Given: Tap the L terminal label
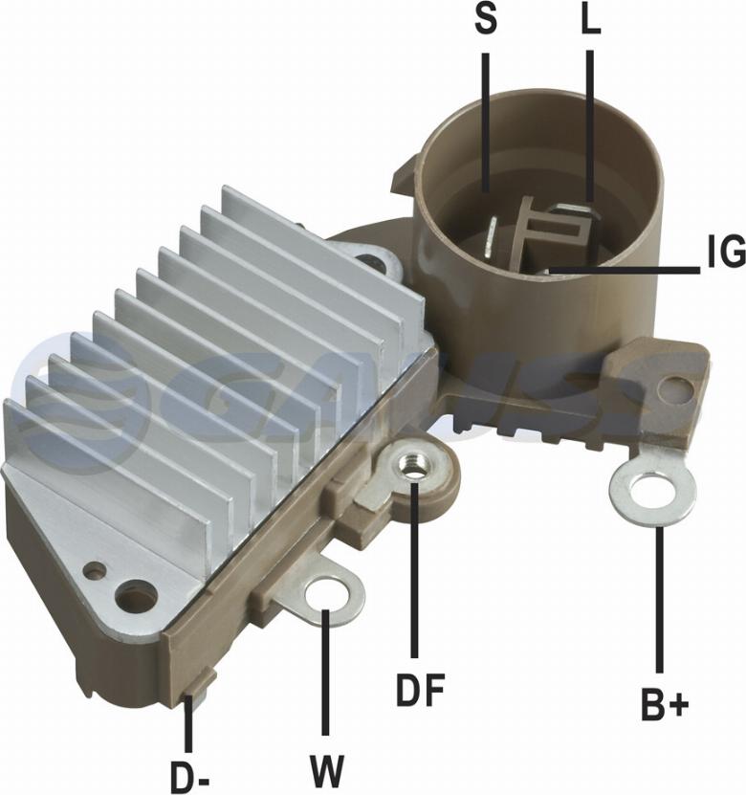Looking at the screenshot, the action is pos(590,21).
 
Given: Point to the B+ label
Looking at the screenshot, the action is pos(665,704).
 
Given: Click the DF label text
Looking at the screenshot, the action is pos(420,690).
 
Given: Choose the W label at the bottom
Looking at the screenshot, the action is pos(327,771).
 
